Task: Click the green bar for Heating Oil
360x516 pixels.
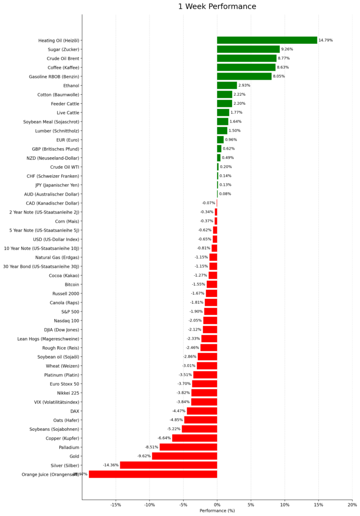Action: coord(267,40)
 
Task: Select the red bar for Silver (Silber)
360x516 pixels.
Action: coord(168,465)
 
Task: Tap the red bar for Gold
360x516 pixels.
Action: coord(184,456)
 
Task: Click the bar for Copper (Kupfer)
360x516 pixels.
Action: coord(194,438)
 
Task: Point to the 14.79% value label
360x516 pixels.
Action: coord(325,40)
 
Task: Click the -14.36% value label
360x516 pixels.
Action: coord(111,465)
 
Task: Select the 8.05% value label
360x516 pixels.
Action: coord(279,77)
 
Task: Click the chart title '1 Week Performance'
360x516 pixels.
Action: coord(217,7)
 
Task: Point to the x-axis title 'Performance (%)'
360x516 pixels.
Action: coord(217,510)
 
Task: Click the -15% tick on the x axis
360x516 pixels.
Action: coord(115,504)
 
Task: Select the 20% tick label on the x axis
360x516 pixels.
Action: coord(352,504)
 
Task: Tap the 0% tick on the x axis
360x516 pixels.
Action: coord(217,504)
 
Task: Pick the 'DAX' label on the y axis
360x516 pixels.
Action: coord(75,411)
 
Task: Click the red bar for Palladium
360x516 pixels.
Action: coord(188,447)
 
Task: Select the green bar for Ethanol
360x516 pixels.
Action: coord(227,86)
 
